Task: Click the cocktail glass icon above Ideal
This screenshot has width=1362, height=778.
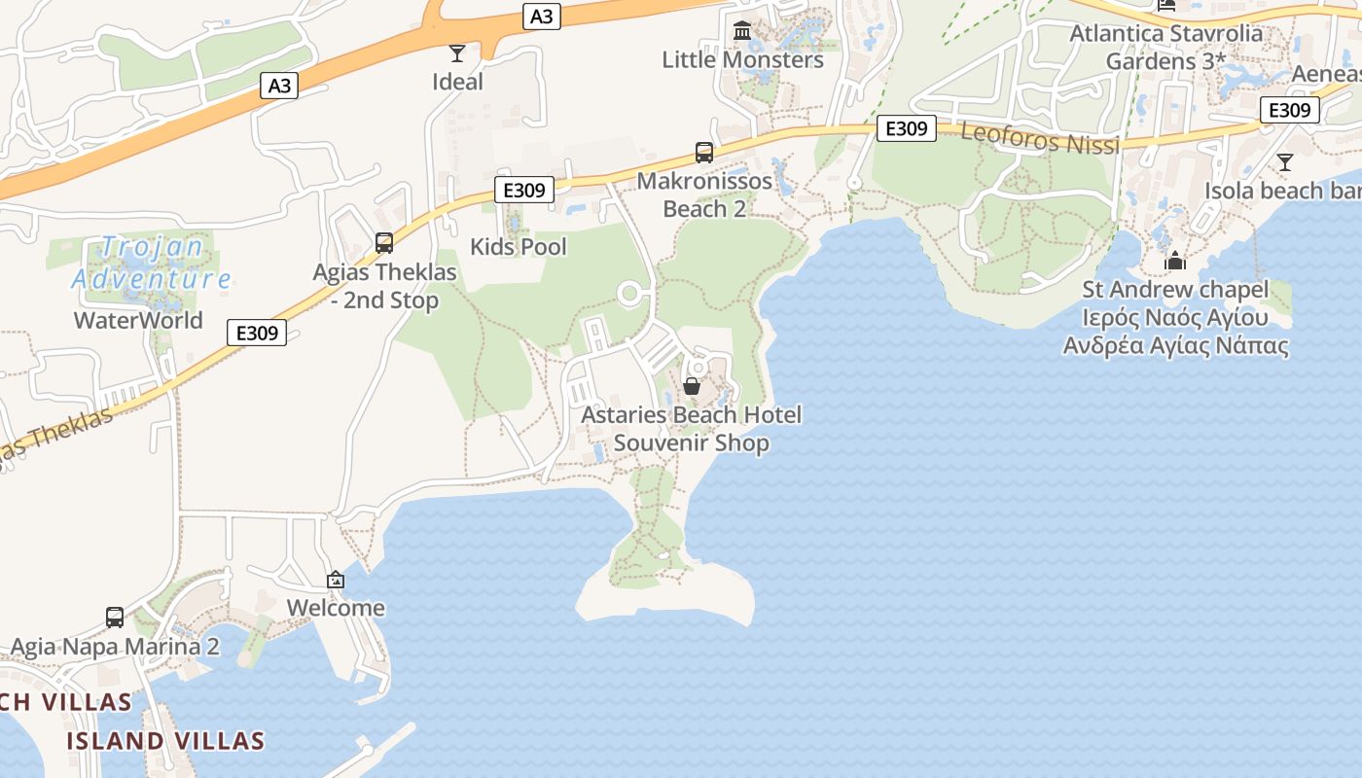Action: tap(456, 53)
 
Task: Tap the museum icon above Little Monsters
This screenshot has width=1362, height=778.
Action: tap(742, 31)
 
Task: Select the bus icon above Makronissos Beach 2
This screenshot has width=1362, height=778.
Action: tap(703, 153)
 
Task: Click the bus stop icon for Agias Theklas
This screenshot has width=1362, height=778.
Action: tap(384, 243)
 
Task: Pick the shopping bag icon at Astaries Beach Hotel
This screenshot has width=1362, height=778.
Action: tap(692, 386)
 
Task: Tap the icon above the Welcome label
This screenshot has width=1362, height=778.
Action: tap(336, 580)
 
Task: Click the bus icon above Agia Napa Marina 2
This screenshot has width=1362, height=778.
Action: tap(115, 618)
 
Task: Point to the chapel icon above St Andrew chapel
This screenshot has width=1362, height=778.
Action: tap(1175, 261)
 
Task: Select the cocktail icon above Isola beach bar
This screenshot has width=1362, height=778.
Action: tap(1285, 162)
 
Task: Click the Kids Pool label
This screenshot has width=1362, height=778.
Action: tap(518, 246)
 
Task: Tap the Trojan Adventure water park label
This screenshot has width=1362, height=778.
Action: tap(152, 264)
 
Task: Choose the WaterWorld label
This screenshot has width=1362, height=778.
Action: tap(138, 320)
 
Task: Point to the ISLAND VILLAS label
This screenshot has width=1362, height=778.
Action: tap(165, 741)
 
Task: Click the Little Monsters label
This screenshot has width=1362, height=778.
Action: tap(742, 59)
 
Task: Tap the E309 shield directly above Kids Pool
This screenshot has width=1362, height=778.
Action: tap(524, 190)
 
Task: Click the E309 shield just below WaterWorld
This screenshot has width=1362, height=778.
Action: tap(258, 333)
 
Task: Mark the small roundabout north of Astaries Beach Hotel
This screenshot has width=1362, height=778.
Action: tap(630, 293)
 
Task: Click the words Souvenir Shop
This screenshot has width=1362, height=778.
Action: tap(691, 443)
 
